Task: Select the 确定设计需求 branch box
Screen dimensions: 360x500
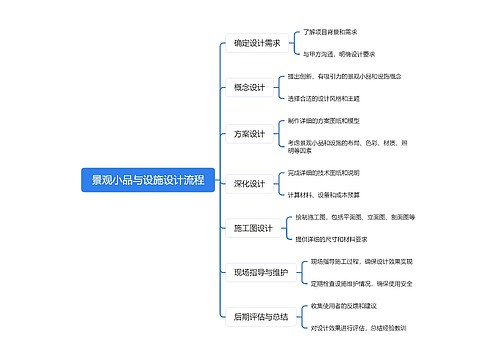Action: click(x=256, y=43)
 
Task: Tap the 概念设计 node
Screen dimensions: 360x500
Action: click(x=249, y=88)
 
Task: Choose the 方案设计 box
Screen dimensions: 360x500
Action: click(x=249, y=134)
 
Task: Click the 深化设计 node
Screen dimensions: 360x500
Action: click(x=249, y=183)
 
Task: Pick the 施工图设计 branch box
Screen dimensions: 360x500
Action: click(x=253, y=228)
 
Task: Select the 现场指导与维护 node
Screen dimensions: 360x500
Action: click(x=260, y=272)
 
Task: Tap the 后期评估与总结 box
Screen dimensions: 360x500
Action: click(x=260, y=316)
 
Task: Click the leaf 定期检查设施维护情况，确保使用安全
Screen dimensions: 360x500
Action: click(x=362, y=283)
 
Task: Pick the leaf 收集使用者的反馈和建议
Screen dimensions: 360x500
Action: click(x=344, y=305)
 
